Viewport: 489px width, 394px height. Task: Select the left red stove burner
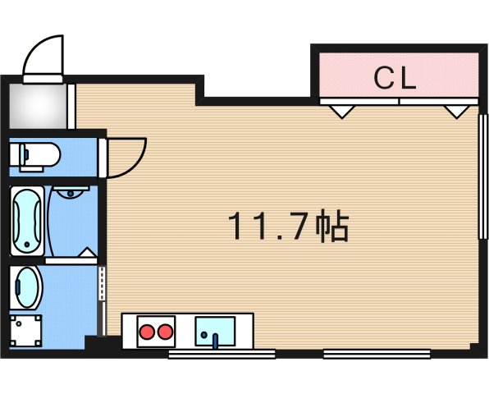(x=149, y=333)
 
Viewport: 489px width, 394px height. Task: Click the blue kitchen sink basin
(x=214, y=333)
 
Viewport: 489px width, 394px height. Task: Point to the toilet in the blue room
(x=36, y=154)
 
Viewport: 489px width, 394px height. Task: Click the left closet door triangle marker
(x=343, y=109)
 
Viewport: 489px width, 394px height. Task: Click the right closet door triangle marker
(x=455, y=109)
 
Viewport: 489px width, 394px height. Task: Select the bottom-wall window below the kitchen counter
(x=222, y=355)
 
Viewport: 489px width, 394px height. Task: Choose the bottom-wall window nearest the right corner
(x=377, y=355)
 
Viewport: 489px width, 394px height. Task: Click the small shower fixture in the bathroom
(x=72, y=194)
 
